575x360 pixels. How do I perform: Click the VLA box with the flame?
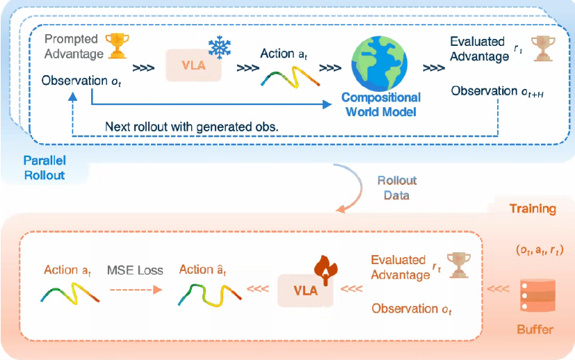click(305, 291)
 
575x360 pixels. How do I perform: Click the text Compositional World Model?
click(380, 104)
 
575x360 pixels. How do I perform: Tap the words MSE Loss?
click(135, 270)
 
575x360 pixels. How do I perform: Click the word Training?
click(533, 208)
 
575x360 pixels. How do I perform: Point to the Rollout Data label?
click(397, 188)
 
